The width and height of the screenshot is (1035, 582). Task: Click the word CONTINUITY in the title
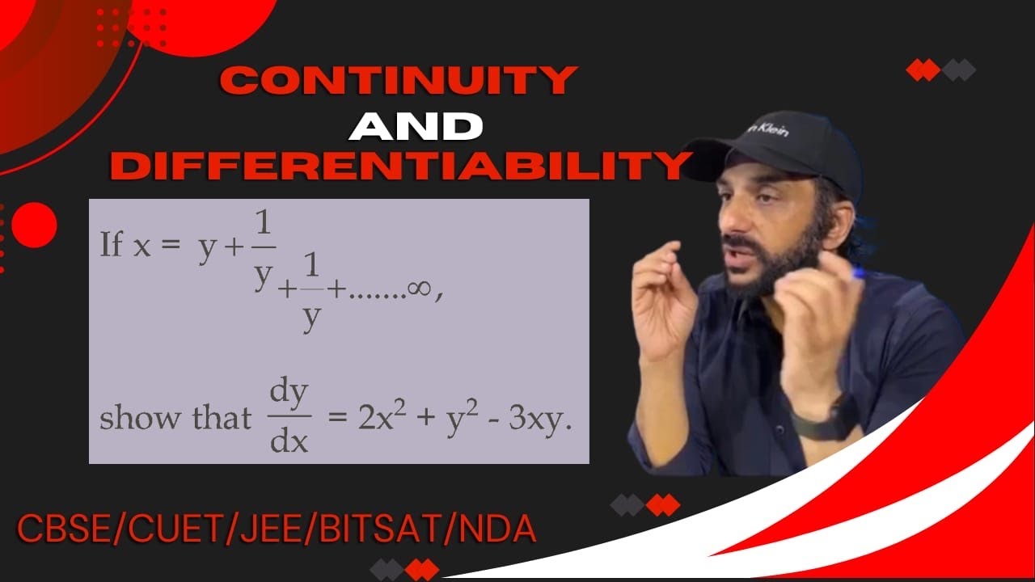pos(399,82)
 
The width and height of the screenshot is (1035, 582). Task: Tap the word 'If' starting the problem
pos(111,244)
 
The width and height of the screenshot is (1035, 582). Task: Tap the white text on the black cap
pos(768,129)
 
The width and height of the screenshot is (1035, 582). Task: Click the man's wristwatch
pos(823,420)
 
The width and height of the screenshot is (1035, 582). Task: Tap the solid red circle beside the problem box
pos(34,224)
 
